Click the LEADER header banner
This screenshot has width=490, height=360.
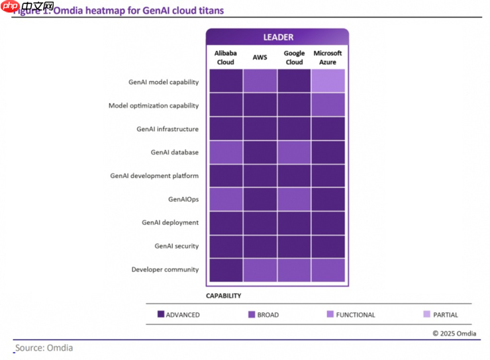[x=277, y=37]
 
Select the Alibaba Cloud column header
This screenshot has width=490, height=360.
[x=226, y=58]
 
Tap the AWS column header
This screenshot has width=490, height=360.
[x=260, y=58]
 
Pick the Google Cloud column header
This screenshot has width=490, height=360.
[x=294, y=58]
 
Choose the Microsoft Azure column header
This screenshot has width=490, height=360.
[x=328, y=58]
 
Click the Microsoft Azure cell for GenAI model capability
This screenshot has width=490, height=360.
[x=328, y=81]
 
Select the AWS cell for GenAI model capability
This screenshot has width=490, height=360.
[x=260, y=81]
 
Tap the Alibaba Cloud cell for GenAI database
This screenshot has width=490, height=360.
[x=226, y=152]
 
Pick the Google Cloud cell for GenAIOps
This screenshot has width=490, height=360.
[x=294, y=199]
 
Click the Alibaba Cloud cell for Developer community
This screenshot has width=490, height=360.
[x=226, y=269]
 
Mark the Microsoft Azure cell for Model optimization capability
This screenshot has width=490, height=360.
[x=328, y=105]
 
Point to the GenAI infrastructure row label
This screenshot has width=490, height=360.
[x=168, y=129]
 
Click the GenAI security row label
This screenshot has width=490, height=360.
[x=176, y=246]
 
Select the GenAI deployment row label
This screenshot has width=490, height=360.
[x=170, y=223]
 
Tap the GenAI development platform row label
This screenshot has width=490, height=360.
[x=154, y=176]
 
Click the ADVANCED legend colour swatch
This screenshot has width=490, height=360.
[x=161, y=315]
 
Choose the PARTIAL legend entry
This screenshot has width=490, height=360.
[x=441, y=315]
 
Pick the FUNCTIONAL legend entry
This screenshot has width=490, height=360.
[x=351, y=315]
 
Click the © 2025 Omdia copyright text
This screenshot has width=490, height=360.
[x=454, y=334]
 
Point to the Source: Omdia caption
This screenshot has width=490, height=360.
[x=44, y=347]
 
